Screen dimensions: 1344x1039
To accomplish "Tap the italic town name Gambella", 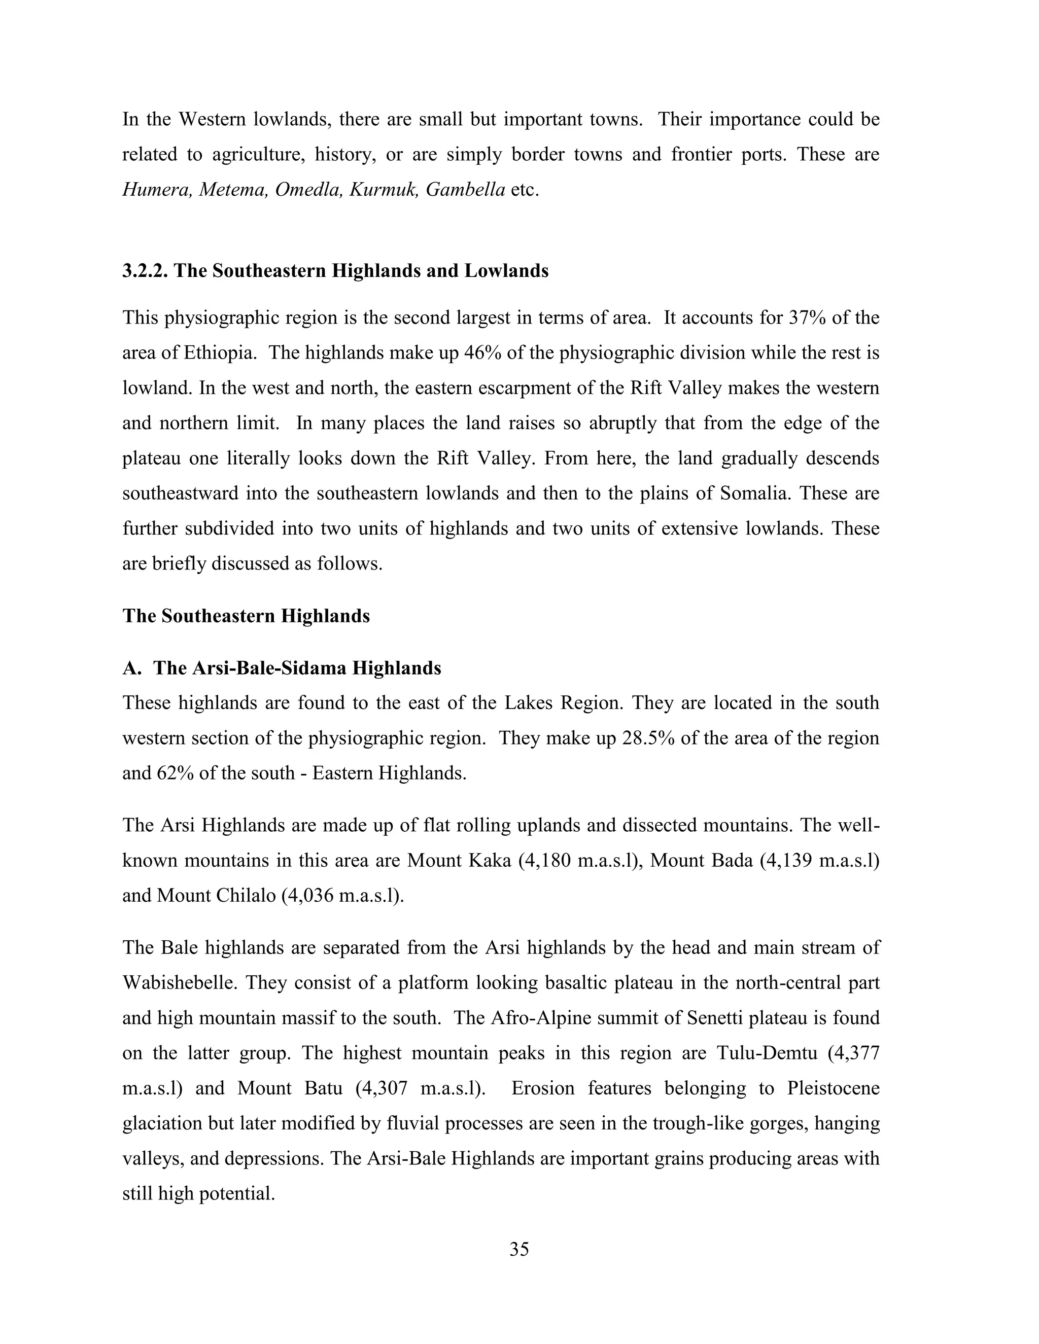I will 465,190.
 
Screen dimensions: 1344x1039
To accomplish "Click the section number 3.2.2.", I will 145,271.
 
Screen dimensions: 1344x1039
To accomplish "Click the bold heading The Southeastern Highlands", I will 246,616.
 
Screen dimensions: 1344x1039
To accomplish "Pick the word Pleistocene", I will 833,1088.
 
